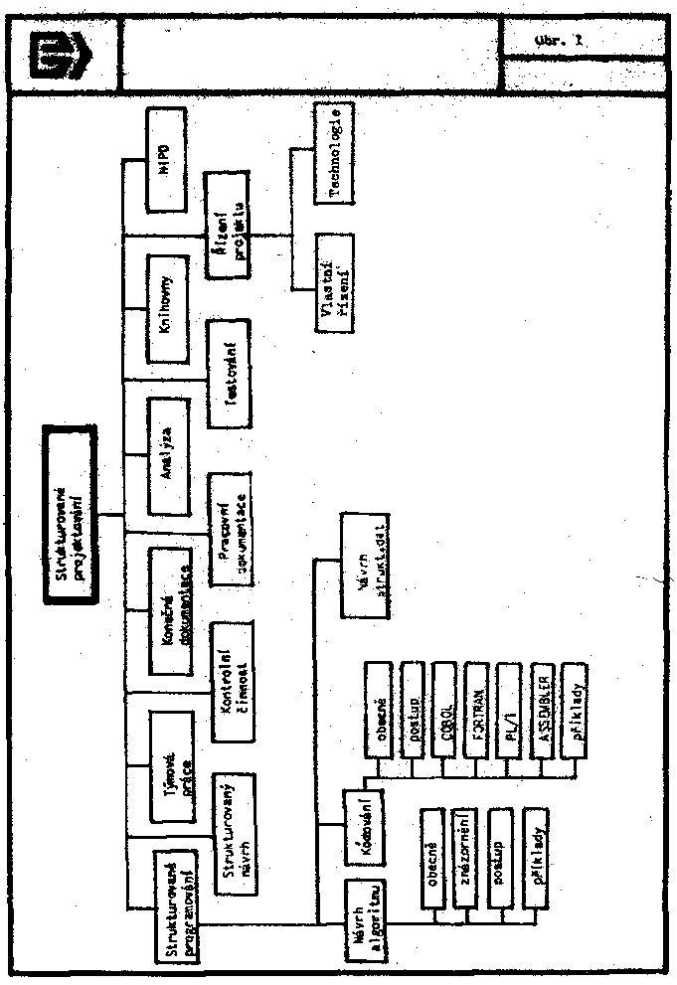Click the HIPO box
(x=173, y=159)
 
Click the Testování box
(x=232, y=374)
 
